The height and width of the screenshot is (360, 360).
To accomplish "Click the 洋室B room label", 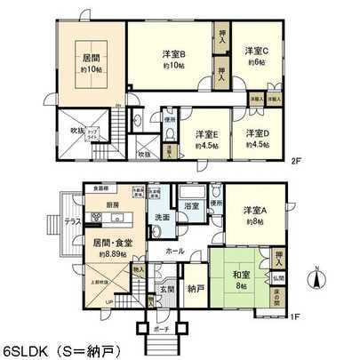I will [173, 53].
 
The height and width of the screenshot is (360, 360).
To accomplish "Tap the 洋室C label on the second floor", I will [256, 51].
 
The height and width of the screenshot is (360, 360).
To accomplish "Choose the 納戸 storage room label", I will [196, 288].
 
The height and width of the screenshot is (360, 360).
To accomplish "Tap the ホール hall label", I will [174, 252].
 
